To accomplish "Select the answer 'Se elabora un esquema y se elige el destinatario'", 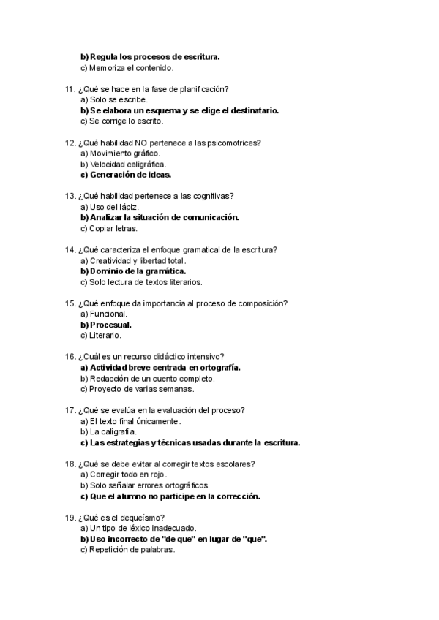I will click(x=183, y=110).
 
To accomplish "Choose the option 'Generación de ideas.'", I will click(x=130, y=175).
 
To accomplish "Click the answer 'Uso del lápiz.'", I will click(x=113, y=207).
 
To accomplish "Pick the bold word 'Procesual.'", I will click(x=114, y=324).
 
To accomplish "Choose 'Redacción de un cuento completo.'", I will click(x=151, y=378).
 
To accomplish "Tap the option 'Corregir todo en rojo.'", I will click(x=127, y=474).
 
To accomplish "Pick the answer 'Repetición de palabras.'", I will click(x=131, y=549).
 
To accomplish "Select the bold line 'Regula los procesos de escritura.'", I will click(x=154, y=57).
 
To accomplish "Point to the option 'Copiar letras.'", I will click(x=113, y=228).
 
